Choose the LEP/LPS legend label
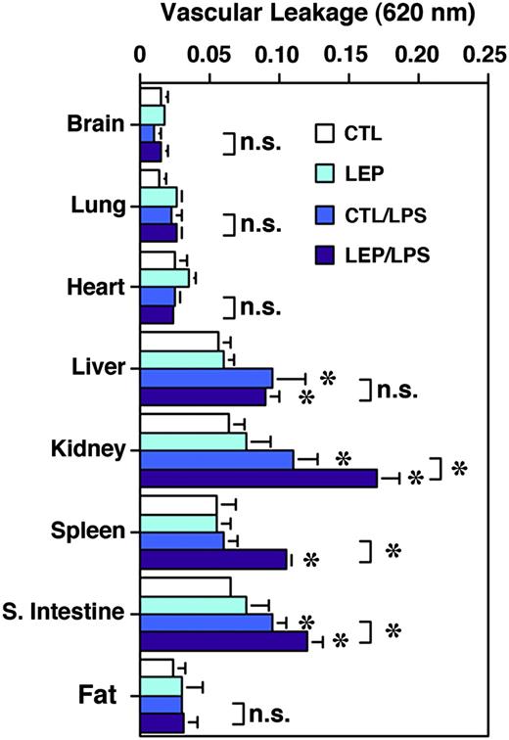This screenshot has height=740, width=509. point(398,254)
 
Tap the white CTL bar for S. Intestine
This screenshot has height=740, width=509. point(186,586)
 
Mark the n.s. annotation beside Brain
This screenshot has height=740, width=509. point(259,144)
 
